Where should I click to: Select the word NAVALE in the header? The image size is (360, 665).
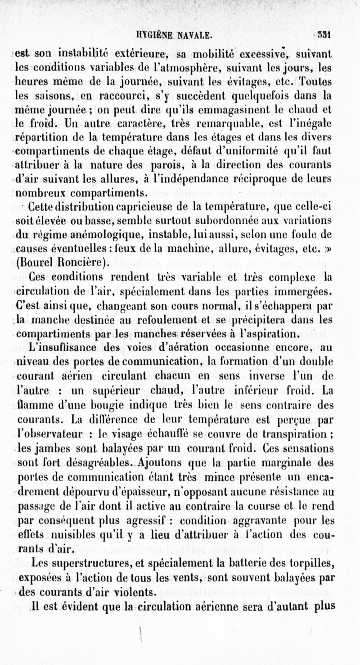coord(191,35)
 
